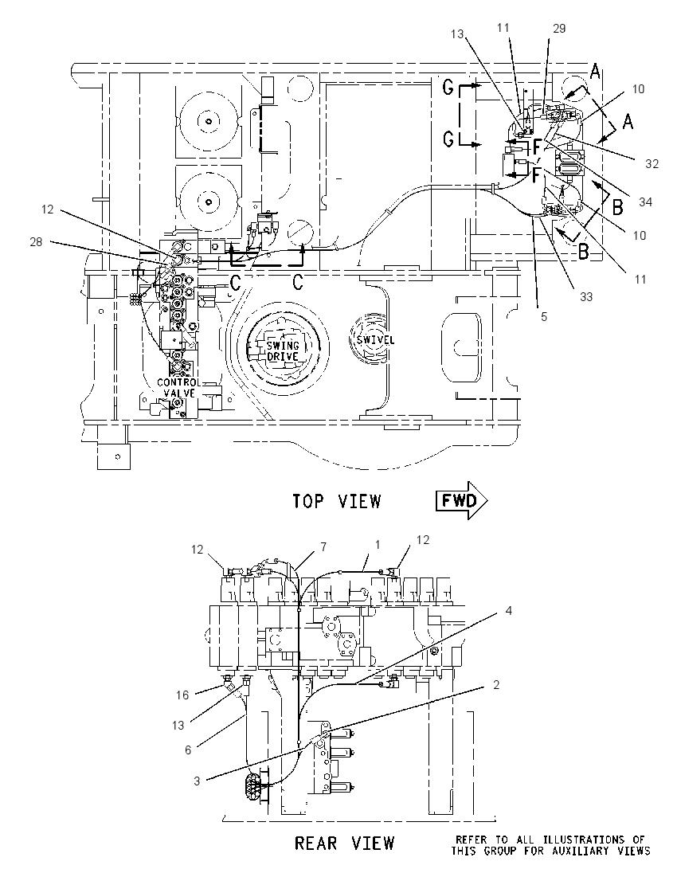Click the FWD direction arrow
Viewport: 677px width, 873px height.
tap(461, 500)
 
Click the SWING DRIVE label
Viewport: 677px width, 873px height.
tap(283, 351)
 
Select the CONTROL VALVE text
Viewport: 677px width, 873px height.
tap(178, 387)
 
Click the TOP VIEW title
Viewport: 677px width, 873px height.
tap(337, 501)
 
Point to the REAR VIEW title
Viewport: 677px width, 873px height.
tap(344, 843)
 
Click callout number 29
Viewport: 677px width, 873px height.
tap(559, 29)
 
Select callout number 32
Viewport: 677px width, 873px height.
tap(652, 164)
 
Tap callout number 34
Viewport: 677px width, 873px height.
tap(645, 202)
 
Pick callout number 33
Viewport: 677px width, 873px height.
tap(586, 297)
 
